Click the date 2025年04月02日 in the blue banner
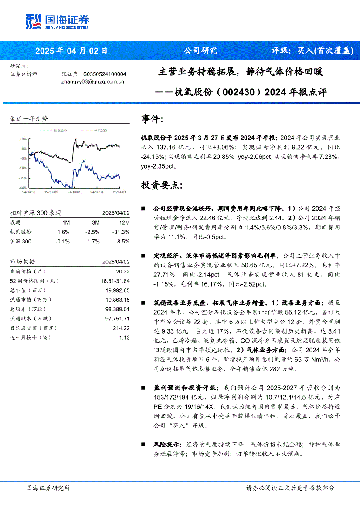pos(71,51)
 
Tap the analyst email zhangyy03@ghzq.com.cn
pos(93,81)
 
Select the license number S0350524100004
pos(105,74)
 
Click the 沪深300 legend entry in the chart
pos(100,131)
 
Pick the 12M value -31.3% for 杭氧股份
pos(121,232)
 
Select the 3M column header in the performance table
pos(95,222)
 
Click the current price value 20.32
pos(124,271)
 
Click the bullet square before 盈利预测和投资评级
pos(144,387)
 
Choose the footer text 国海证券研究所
pos(48,488)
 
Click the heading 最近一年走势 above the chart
pos(29,118)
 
